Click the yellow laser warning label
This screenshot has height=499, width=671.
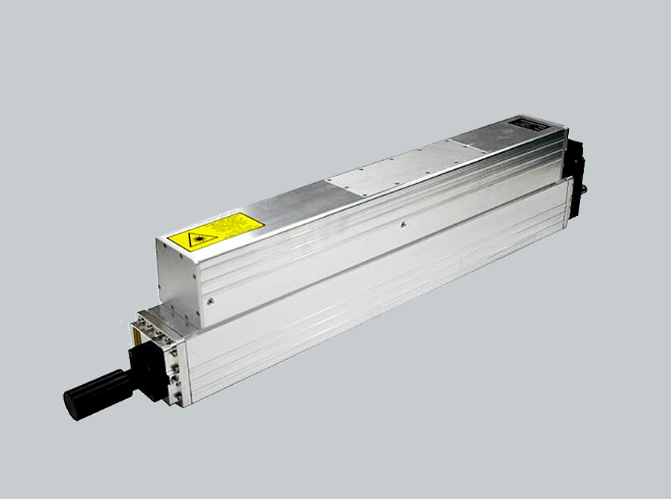click(x=215, y=232)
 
